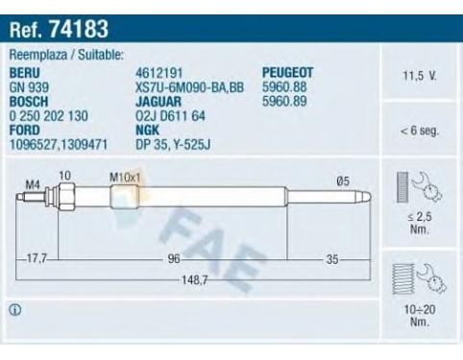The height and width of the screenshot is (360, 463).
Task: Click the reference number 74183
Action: point(79,29)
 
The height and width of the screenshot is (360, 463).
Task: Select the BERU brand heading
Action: point(25,73)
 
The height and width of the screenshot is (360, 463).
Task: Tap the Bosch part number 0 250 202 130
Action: point(49,116)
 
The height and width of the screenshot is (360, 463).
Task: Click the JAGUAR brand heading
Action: point(158,102)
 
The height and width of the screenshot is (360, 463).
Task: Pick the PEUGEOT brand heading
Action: point(287,73)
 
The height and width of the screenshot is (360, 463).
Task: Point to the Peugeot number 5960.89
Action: point(284,101)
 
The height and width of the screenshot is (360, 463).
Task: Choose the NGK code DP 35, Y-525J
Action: point(173,145)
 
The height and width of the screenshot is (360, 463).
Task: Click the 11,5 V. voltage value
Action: point(420,76)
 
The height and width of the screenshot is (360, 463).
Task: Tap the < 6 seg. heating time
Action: point(420,131)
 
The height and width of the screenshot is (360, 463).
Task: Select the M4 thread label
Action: point(33,184)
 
